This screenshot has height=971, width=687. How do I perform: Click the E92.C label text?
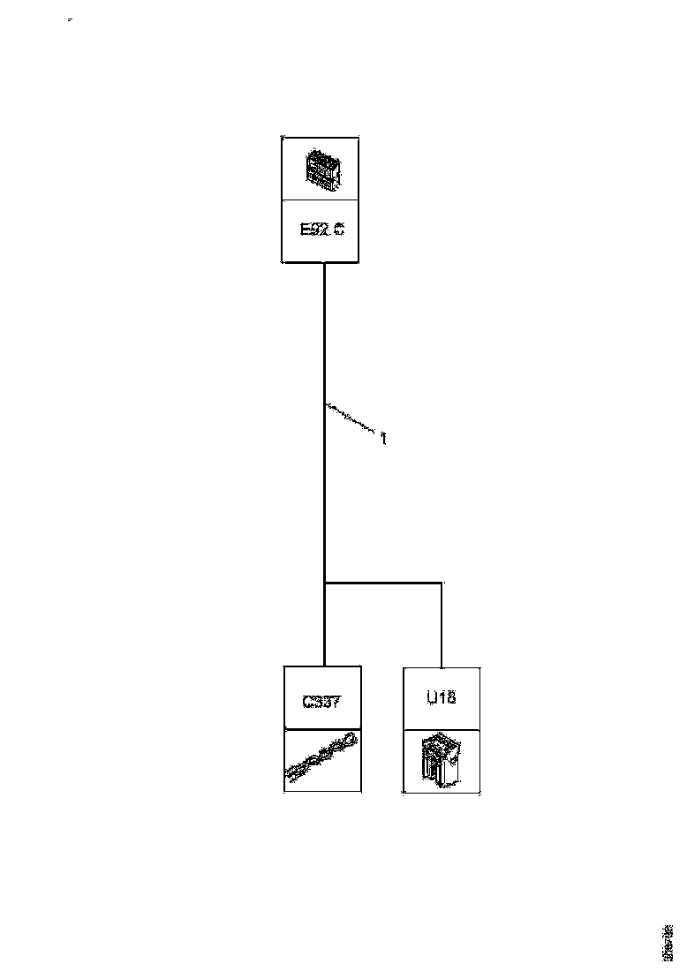[321, 230]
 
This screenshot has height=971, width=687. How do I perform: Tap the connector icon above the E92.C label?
[321, 169]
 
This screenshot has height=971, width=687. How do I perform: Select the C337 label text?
[321, 703]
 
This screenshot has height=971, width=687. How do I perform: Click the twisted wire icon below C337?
[321, 756]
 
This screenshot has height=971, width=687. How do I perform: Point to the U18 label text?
[442, 698]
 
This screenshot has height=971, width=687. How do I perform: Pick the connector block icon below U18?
[442, 760]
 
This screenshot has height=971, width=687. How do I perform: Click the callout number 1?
[383, 436]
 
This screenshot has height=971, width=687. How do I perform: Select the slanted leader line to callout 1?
[351, 419]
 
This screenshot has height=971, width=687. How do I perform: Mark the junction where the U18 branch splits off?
[325, 583]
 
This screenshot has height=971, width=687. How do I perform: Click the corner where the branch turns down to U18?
[442, 583]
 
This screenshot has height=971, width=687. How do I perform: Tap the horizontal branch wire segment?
[383, 583]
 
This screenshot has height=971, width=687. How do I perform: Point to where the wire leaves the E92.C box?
[324, 263]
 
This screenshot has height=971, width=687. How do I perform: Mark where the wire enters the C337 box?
[325, 666]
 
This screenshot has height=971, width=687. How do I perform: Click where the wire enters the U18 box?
[442, 666]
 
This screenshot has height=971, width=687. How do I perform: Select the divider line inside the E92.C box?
[321, 200]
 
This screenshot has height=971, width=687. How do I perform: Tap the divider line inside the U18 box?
[442, 729]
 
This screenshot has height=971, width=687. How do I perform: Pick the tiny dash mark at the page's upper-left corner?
[71, 19]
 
